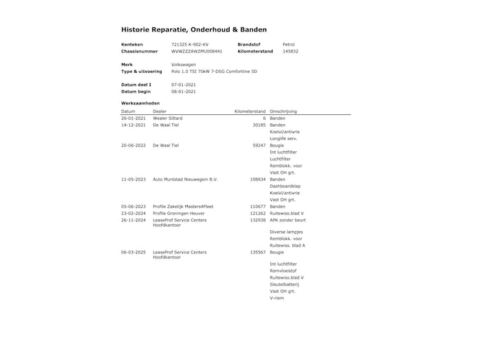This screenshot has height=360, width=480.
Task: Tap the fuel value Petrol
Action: [288, 44]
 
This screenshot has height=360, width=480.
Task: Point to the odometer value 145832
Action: [290, 51]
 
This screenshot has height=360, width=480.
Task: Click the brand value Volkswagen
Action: [184, 64]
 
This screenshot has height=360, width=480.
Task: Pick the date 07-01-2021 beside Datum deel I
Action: [183, 85]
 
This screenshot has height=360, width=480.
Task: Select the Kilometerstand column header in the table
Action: [249, 111]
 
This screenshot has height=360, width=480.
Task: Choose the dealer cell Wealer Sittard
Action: [167, 118]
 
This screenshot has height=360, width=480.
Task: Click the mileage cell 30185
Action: [259, 125]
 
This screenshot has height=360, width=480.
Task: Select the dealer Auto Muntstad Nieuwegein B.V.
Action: [185, 179]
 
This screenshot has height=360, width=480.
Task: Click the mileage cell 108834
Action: [258, 179]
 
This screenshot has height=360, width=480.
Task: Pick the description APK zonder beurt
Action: [287, 220]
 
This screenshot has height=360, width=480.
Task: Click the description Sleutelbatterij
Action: [284, 284]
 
